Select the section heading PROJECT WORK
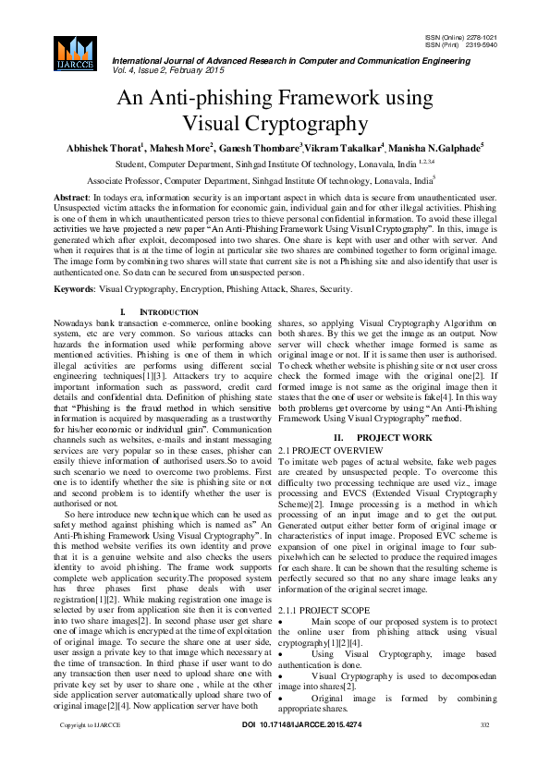tap(394, 436)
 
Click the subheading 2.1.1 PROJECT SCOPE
tap(324, 611)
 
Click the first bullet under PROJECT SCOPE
tap(282, 623)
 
